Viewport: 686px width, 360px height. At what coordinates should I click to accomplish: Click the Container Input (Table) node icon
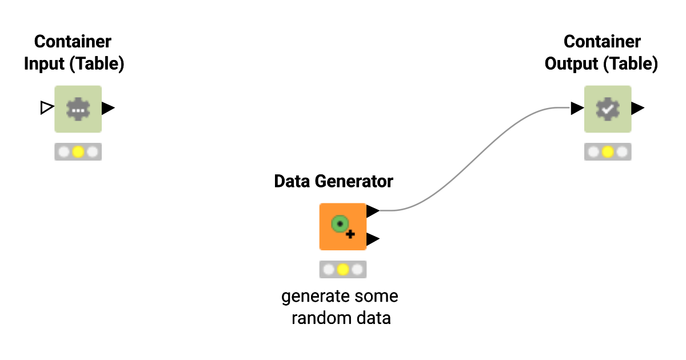tap(78, 109)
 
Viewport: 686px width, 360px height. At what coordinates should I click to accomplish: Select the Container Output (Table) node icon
tap(608, 109)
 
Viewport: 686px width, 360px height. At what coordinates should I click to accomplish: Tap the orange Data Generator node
tap(342, 226)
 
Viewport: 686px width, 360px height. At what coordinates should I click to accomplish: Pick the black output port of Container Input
tap(108, 107)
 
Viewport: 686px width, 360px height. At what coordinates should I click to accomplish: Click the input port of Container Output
tap(577, 108)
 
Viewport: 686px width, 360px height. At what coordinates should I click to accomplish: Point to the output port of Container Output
tap(638, 108)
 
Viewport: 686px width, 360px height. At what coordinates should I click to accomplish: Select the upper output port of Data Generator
tap(373, 211)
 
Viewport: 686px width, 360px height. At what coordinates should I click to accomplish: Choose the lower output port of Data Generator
tap(373, 239)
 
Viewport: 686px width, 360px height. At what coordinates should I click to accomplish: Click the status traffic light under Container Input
tap(78, 152)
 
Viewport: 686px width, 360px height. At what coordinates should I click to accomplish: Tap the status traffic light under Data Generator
tap(342, 270)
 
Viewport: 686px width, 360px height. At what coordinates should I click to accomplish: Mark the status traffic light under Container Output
tap(608, 152)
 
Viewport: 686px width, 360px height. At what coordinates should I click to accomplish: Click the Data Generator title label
tap(333, 182)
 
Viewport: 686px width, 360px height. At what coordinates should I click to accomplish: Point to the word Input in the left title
tap(45, 64)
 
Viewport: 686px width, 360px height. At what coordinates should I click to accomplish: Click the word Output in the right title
tap(572, 64)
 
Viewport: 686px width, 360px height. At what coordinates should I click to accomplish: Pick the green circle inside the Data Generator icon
tap(340, 224)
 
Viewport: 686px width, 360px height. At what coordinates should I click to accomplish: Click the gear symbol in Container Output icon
tap(608, 109)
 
